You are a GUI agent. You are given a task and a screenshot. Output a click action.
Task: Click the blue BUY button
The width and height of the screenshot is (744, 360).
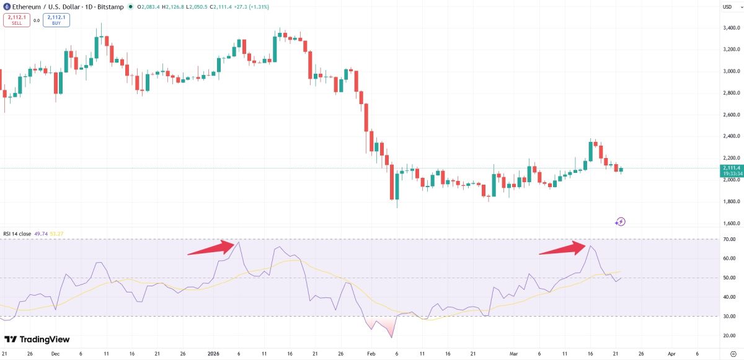click(x=56, y=20)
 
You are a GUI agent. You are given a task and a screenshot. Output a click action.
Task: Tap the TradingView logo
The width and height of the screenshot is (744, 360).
click(x=37, y=340)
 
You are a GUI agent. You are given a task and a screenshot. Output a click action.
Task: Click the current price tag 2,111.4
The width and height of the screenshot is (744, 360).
click(x=732, y=167)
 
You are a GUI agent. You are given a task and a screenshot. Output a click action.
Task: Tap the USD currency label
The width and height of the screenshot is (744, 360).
click(x=727, y=7)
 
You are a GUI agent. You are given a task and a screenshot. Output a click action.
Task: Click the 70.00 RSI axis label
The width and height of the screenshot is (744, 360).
click(x=729, y=239)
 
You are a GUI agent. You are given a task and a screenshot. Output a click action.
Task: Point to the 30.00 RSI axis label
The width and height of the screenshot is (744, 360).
click(x=729, y=316)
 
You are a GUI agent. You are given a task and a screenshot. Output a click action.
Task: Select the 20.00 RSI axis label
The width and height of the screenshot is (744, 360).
click(x=729, y=336)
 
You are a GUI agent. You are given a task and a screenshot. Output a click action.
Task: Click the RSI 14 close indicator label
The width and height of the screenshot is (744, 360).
click(x=17, y=234)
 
